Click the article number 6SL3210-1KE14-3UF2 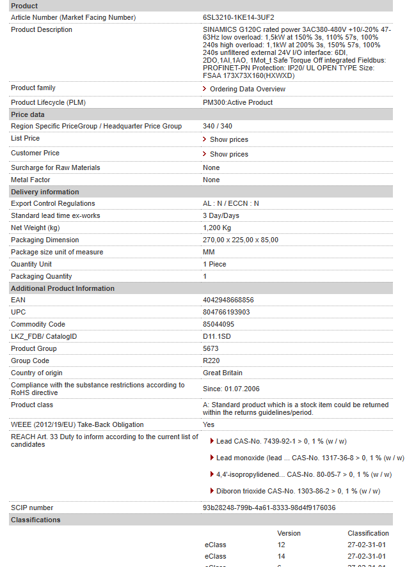[x=238, y=17]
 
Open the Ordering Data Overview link [x=247, y=89]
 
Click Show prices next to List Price [x=228, y=139]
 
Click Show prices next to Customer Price [x=228, y=154]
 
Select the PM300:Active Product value [x=237, y=102]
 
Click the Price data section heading [x=28, y=114]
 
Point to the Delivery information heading [x=45, y=192]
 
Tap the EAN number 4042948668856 [x=228, y=300]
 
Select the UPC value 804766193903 [x=226, y=312]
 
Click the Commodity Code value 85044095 [x=218, y=324]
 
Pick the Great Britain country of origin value [x=223, y=373]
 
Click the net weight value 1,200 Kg [x=217, y=228]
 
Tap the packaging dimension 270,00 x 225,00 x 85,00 [x=241, y=240]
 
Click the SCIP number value [x=269, y=508]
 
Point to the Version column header [x=289, y=533]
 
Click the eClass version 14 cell [x=281, y=556]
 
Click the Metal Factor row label [x=30, y=180]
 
